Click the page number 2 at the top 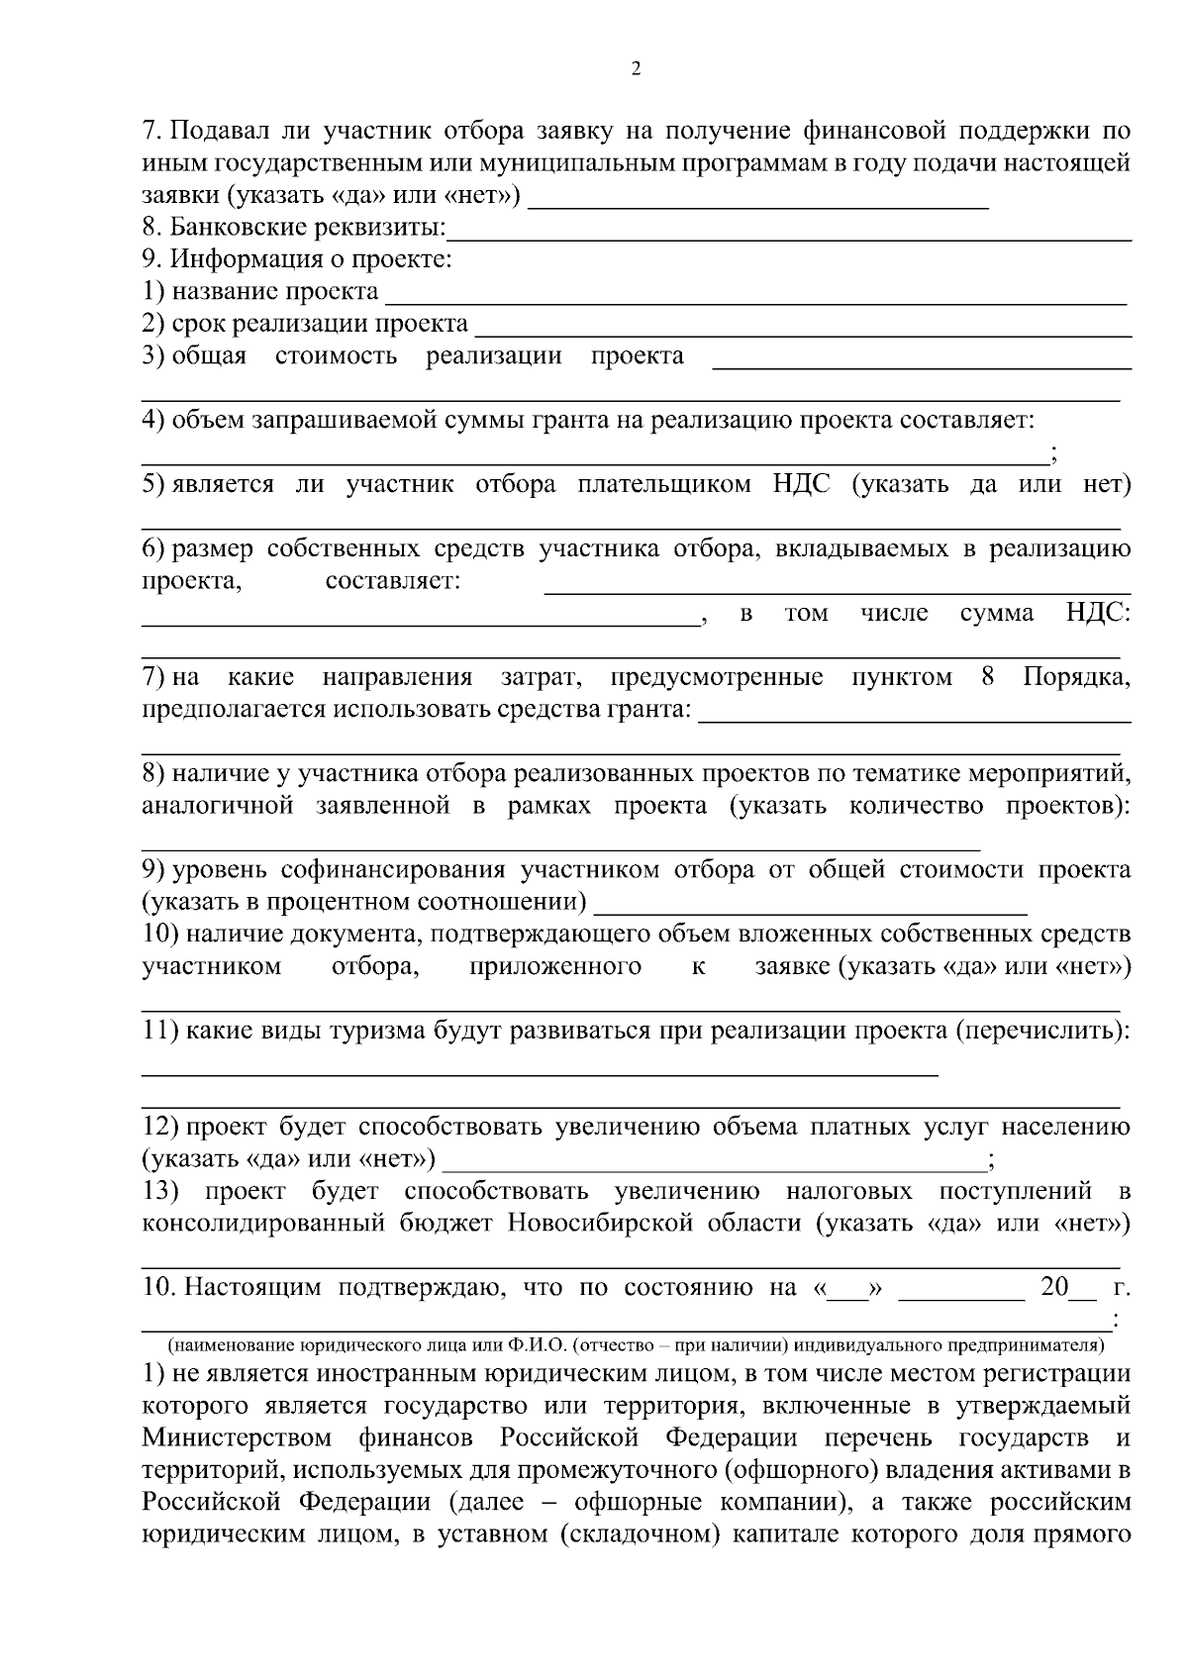[636, 69]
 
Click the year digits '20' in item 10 [1055, 1288]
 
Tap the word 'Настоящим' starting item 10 [254, 1288]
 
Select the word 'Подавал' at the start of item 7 [220, 131]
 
